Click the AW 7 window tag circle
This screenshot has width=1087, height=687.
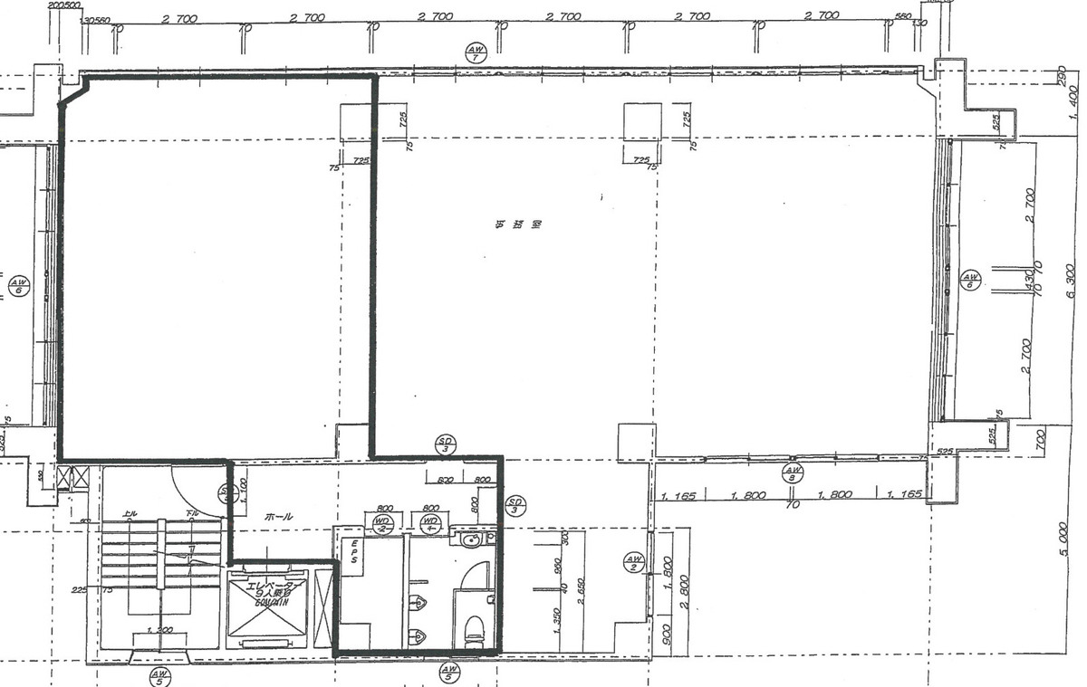click(x=476, y=52)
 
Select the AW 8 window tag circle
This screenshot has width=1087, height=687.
click(x=793, y=472)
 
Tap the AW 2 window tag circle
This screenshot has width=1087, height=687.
click(x=633, y=562)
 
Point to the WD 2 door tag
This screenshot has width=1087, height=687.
click(x=382, y=523)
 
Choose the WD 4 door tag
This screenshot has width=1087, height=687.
click(x=431, y=523)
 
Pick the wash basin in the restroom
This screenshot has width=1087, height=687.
click(x=469, y=541)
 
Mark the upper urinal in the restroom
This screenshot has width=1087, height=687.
click(x=418, y=601)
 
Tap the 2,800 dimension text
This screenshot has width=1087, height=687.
click(x=684, y=593)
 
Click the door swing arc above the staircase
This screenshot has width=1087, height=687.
click(x=201, y=489)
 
